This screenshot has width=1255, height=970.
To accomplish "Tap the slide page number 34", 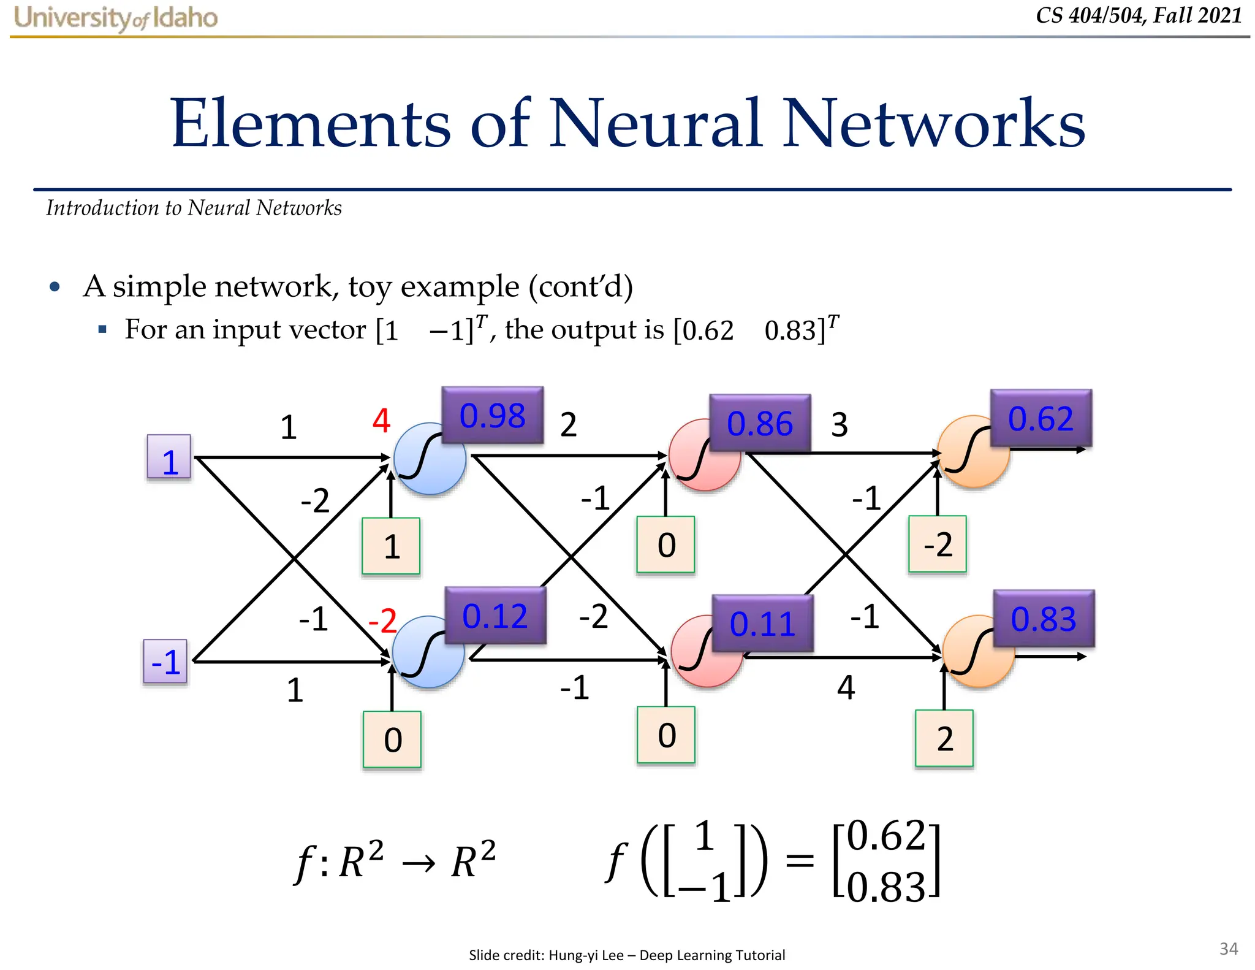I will tap(1228, 949).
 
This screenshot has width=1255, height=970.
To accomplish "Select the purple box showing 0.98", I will tap(492, 415).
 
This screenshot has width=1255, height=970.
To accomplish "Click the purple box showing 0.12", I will tap(495, 615).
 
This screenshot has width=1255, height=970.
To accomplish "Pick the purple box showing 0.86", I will tap(759, 423).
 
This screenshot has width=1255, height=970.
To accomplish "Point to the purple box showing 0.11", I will tap(762, 623).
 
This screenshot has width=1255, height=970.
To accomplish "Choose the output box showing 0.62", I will tap(1041, 418).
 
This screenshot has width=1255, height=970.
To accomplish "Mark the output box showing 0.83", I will tap(1043, 618).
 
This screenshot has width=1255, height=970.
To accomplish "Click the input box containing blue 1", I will tap(169, 457).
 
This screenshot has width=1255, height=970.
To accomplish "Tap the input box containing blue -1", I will tap(165, 662).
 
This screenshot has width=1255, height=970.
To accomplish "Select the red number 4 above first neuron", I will tap(381, 421).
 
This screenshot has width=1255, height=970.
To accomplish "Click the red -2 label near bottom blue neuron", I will tap(382, 621).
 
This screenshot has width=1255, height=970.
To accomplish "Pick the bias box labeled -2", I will tap(937, 544).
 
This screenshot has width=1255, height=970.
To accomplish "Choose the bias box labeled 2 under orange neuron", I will tap(944, 738).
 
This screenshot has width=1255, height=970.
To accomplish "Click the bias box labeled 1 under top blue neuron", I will tap(391, 546).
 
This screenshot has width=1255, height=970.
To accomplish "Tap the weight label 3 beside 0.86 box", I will tap(839, 424).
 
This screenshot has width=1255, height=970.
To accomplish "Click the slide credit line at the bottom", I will tap(626, 955).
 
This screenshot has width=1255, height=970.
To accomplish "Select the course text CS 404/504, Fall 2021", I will tap(1138, 15).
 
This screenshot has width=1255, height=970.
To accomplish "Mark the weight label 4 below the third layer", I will tap(846, 687).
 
